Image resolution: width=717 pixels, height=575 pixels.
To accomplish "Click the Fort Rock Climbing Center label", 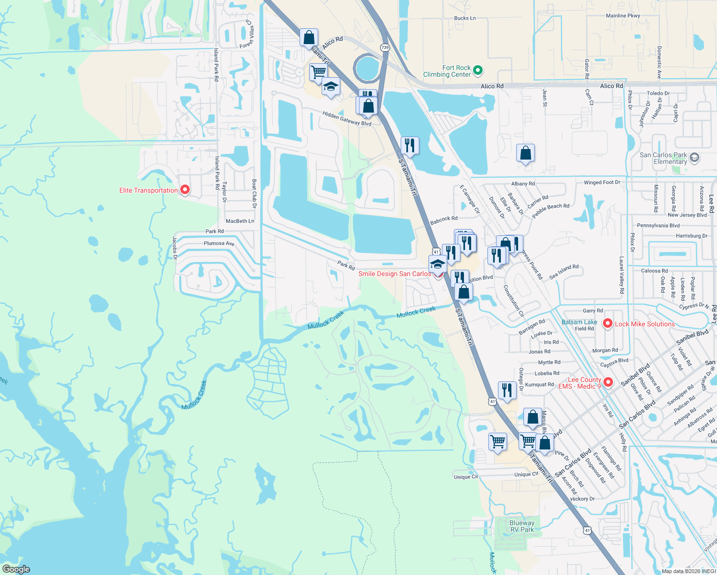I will [447, 71].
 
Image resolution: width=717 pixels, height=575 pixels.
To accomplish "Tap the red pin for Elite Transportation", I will [185, 190].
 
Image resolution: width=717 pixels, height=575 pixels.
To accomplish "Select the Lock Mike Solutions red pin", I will [608, 323].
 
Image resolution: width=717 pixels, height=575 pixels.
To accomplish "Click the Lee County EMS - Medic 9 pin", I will [608, 382].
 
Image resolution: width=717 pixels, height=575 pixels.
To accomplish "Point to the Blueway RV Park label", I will [522, 526].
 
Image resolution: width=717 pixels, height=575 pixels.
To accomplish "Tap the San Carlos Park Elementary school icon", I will [695, 158].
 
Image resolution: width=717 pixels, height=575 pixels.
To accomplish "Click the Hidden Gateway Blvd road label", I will [347, 119].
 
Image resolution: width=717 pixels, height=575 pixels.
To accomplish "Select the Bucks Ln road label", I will [465, 18].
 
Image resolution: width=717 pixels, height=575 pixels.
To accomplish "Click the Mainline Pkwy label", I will [623, 16].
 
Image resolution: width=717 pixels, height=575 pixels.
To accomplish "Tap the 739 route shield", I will [385, 47].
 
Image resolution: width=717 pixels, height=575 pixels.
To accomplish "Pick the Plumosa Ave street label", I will [219, 243].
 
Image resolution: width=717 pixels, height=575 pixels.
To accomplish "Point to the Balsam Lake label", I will [579, 322].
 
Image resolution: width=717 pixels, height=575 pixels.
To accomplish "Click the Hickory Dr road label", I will [582, 499].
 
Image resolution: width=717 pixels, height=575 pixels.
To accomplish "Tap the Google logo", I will [16, 569].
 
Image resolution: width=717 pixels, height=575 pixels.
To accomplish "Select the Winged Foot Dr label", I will [601, 183].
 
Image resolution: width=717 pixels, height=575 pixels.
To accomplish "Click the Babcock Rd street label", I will [444, 220].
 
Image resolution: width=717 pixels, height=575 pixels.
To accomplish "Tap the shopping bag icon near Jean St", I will [526, 153].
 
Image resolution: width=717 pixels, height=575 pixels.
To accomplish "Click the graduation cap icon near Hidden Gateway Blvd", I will [331, 87].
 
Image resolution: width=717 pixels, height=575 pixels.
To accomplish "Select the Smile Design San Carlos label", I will [394, 274].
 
